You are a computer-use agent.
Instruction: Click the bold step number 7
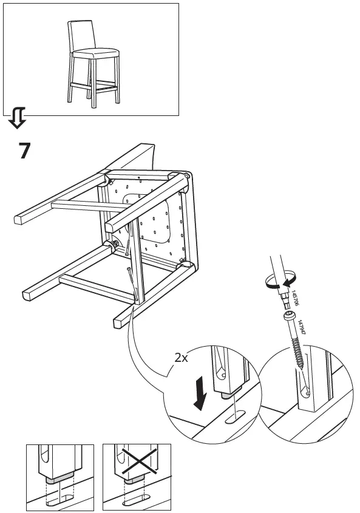click(24, 150)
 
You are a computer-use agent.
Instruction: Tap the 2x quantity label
click(181, 358)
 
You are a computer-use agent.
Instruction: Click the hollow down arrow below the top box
click(17, 118)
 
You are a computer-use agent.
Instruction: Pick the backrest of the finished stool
click(80, 36)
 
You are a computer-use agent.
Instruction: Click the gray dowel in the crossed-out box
click(135, 478)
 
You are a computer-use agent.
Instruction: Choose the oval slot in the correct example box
click(61, 500)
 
